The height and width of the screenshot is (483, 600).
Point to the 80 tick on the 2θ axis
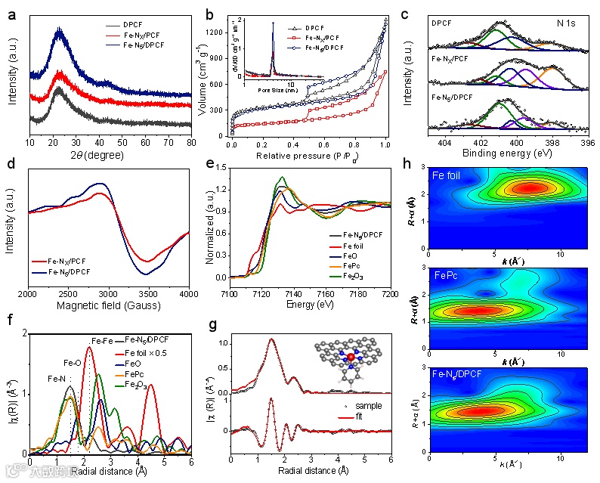pos(190,141)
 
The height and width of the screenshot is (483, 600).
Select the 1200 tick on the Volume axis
pos(218,33)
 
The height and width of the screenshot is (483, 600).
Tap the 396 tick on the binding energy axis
pos(587,141)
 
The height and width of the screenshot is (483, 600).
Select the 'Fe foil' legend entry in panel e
pos(354,246)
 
